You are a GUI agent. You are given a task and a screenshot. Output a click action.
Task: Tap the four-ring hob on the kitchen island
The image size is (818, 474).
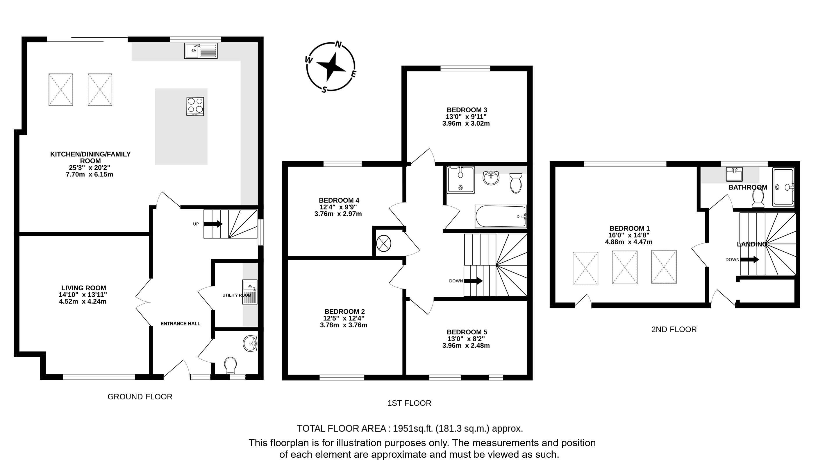click(x=195, y=106)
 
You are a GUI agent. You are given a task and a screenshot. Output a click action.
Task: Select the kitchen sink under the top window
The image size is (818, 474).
click(x=201, y=51)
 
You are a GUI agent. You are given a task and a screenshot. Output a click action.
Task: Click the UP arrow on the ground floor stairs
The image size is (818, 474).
click(x=213, y=224)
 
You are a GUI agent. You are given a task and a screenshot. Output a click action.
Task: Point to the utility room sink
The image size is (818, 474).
click(x=250, y=292)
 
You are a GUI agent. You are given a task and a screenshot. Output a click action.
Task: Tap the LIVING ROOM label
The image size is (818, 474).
click(x=84, y=288)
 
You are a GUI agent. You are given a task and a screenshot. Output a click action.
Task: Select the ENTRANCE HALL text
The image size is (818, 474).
click(x=181, y=324)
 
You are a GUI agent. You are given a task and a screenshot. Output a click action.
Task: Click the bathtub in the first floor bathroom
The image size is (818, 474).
click(x=501, y=216)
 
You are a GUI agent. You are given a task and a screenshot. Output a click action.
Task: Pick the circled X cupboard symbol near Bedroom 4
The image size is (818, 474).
click(x=383, y=243)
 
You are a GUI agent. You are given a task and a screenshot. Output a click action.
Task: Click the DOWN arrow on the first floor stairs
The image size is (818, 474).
click(x=473, y=281)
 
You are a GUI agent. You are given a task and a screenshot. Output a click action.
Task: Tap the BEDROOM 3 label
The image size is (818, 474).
click(x=467, y=110)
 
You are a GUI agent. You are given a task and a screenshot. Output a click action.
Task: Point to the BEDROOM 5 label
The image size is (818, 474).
click(x=467, y=332)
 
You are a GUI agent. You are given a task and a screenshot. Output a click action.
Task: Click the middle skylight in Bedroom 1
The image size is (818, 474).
click(x=624, y=267)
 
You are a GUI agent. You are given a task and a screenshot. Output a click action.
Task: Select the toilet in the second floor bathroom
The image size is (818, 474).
click(x=758, y=198)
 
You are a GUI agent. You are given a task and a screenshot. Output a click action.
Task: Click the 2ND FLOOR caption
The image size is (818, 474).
click(x=674, y=329)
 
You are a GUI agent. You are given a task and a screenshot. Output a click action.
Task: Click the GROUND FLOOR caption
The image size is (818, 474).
click(x=140, y=396)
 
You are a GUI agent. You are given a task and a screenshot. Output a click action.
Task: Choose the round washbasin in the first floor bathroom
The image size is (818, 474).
click(x=491, y=178)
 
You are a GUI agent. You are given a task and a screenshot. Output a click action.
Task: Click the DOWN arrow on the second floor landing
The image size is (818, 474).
click(x=749, y=259)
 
